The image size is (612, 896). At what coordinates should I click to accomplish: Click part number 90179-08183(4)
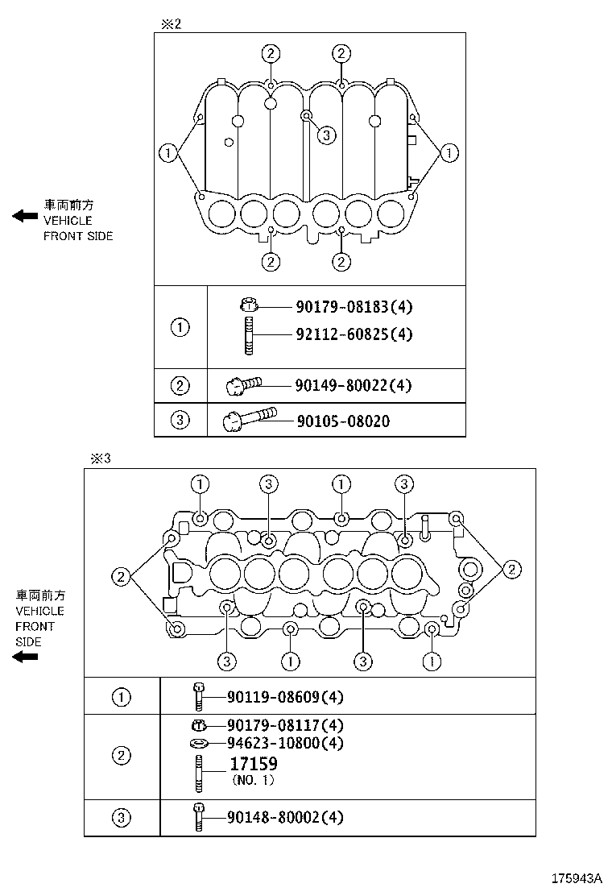click(x=343, y=307)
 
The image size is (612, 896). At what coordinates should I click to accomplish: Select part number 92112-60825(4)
click(x=343, y=334)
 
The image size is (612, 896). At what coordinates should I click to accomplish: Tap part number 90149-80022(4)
click(x=342, y=386)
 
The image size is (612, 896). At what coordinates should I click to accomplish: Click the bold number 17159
click(x=253, y=764)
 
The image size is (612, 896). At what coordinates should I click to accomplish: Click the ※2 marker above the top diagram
click(x=172, y=24)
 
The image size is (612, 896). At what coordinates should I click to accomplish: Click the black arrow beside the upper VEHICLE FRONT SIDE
click(x=25, y=215)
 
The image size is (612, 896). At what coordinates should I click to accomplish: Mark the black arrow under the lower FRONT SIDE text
click(x=26, y=657)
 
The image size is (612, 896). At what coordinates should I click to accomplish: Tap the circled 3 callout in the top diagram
click(x=325, y=135)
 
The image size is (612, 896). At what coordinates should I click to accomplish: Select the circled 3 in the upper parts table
click(x=180, y=420)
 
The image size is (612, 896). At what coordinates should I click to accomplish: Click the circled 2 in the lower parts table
click(x=121, y=756)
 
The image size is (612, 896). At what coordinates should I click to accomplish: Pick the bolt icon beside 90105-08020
click(x=250, y=419)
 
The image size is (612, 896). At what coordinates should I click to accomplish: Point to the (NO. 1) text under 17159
click(x=253, y=780)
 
